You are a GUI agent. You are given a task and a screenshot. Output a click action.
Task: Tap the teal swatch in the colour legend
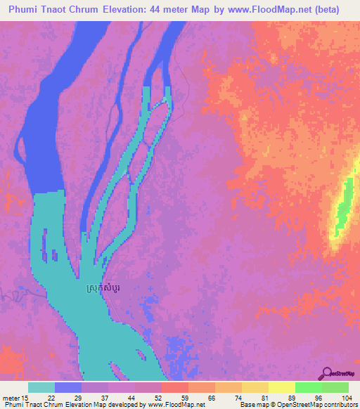pyautogui.click(x=41, y=387)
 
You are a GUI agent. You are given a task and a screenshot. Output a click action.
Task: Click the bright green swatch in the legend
pyautogui.click(x=308, y=387)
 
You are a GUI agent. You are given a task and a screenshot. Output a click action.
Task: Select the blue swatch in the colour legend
pyautogui.click(x=68, y=387)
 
